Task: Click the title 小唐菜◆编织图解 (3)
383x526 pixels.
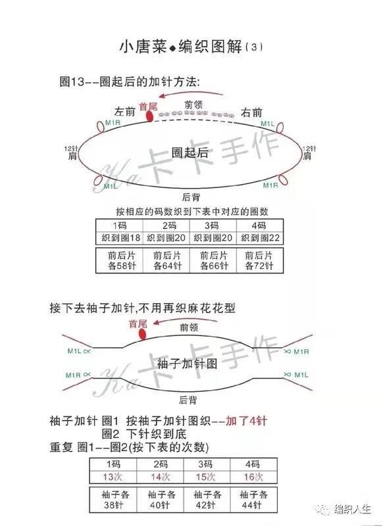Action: coord(191,46)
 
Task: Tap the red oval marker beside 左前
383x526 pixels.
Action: coord(149,116)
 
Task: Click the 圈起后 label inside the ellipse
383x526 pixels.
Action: coord(190,153)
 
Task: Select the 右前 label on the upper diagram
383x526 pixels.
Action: coord(251,112)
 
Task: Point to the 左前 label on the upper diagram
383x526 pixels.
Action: coord(124,111)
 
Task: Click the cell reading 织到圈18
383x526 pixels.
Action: coord(120,238)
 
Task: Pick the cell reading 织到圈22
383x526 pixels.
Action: coord(260,238)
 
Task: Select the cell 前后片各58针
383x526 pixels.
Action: coord(120,260)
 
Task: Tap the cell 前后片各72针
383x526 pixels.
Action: coord(260,260)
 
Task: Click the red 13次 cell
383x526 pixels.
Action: coord(113,477)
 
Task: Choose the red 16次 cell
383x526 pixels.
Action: coord(253,477)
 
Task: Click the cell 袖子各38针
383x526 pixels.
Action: coord(113,500)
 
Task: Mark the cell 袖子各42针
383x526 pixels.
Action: coord(207,500)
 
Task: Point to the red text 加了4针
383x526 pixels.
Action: coord(246,421)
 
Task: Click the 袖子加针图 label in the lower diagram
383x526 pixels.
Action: coord(187,364)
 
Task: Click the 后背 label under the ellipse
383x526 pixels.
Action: coord(191,197)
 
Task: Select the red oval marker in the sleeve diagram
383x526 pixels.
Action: coord(142,335)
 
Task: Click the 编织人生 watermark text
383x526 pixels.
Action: coord(353,509)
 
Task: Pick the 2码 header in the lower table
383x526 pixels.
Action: coord(160,464)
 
